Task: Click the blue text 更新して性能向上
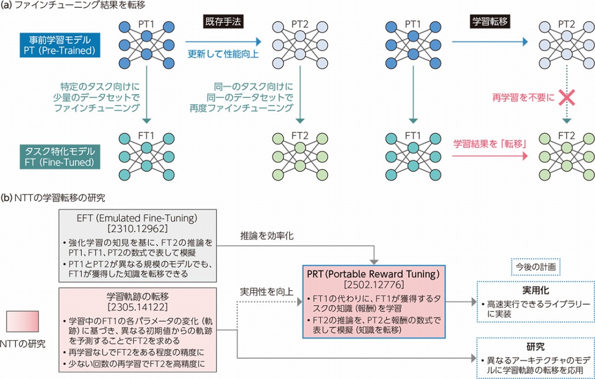(224, 54)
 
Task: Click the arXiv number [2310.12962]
(137, 230)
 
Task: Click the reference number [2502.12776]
(374, 283)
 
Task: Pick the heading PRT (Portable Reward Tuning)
(374, 273)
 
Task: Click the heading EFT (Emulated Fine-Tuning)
(137, 220)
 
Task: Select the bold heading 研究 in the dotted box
(535, 347)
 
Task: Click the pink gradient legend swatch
(22, 323)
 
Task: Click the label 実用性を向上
(266, 292)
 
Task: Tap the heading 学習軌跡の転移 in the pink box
(137, 297)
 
